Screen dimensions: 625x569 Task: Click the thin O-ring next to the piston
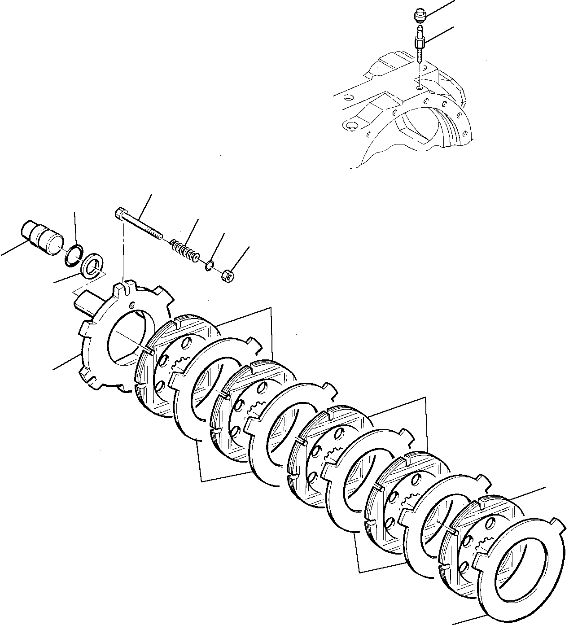(73, 253)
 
